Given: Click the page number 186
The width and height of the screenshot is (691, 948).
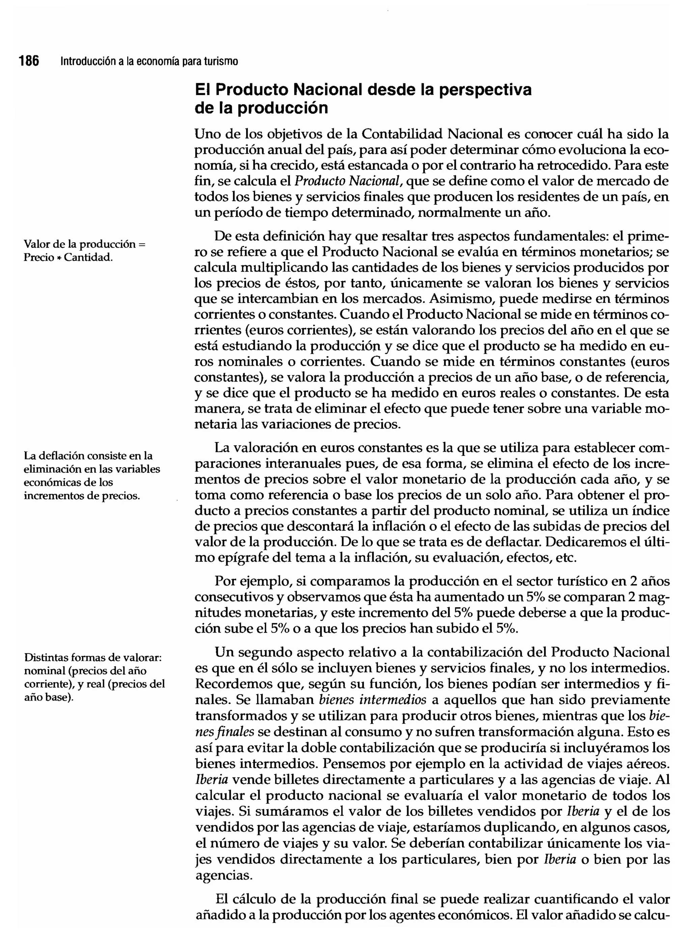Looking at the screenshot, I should click(x=29, y=61).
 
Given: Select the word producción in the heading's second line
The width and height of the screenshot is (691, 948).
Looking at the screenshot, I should click(x=283, y=108).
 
